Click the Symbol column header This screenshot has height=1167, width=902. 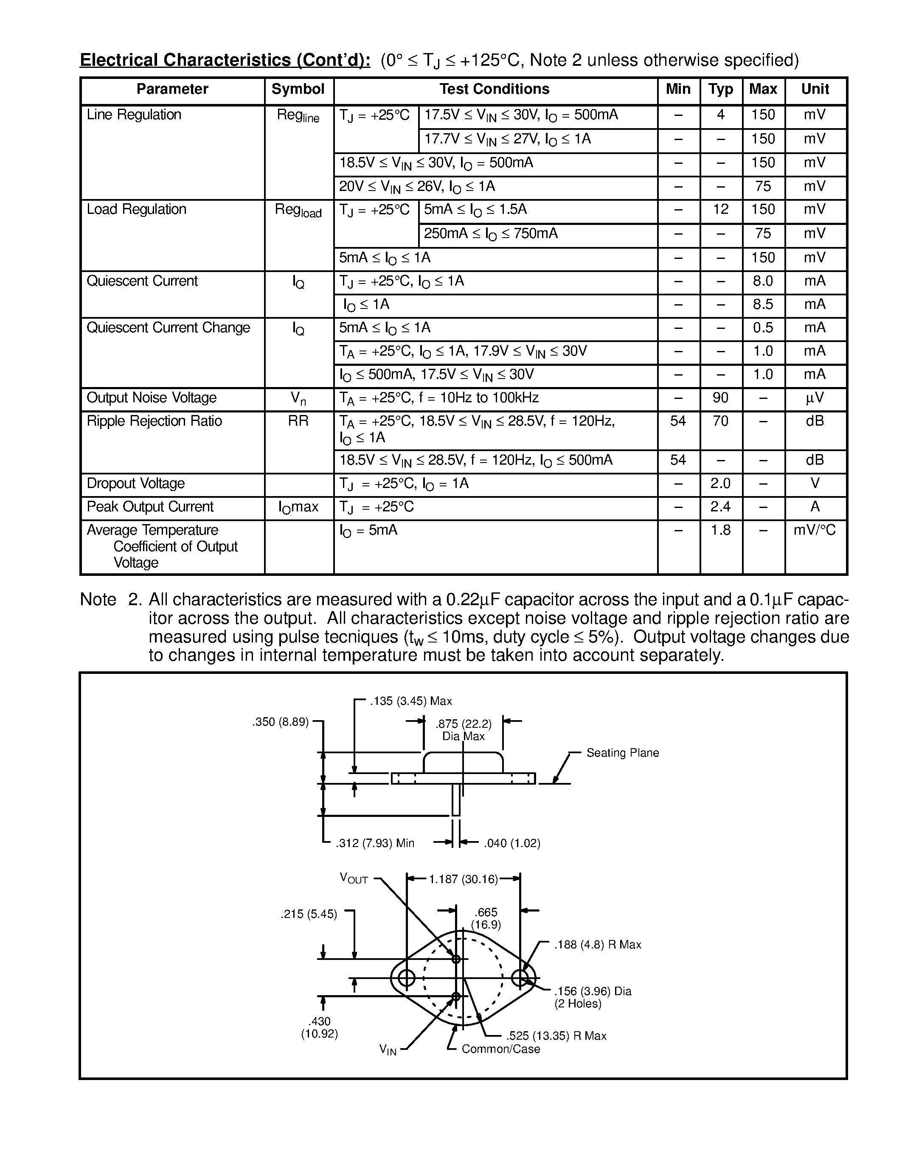pos(298,89)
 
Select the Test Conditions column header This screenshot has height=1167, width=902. pos(494,89)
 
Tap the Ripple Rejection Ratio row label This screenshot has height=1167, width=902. pos(154,421)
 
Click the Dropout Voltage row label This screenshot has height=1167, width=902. pos(136,484)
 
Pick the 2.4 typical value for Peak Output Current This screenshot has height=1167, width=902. pos(720,507)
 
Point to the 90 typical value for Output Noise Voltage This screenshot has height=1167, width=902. pos(720,398)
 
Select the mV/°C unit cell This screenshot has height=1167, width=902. pos(815,530)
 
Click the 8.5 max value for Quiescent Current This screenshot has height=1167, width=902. pos(763,305)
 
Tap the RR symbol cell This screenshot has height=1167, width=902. pos(298,421)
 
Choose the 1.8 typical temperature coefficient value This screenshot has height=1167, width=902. pos(720,530)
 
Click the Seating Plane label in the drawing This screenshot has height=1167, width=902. pos(623,753)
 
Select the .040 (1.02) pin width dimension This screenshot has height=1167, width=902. pos(512,843)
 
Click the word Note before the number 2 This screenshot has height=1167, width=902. pos(98,600)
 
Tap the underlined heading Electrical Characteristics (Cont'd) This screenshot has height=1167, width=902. pos(225,60)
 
